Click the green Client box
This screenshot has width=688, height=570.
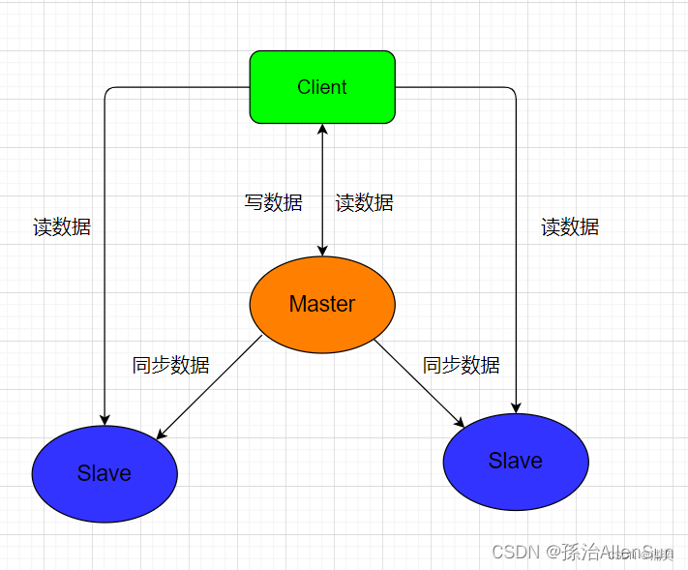322,87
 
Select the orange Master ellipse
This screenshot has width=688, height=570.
322,304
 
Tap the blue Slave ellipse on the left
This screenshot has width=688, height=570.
105,473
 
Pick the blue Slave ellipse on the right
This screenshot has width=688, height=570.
516,461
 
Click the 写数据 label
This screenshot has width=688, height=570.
273,202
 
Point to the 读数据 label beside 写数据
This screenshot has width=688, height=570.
365,202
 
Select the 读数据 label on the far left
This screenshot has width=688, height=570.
62,226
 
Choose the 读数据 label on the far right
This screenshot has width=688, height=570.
570,226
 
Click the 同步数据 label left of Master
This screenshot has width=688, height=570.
171,365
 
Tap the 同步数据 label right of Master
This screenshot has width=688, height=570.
462,365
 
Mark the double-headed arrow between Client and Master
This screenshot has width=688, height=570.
322,190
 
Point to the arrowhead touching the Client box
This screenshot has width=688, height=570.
322,131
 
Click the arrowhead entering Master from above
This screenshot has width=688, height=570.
322,250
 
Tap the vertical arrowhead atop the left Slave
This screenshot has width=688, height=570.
105,419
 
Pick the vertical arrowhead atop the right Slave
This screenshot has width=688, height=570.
516,406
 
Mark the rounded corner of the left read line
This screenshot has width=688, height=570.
107,90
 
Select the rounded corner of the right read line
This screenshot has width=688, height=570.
513,90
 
